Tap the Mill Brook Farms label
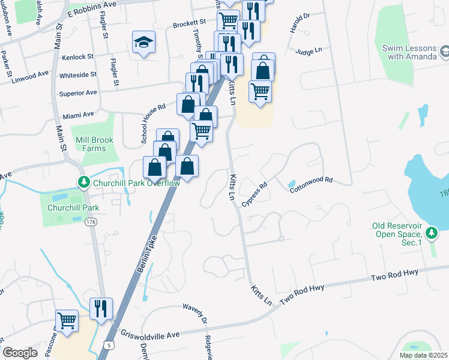(x=94, y=144)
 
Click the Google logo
(x=20, y=352)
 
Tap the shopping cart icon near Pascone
(x=67, y=319)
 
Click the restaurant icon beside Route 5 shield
(x=101, y=308)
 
